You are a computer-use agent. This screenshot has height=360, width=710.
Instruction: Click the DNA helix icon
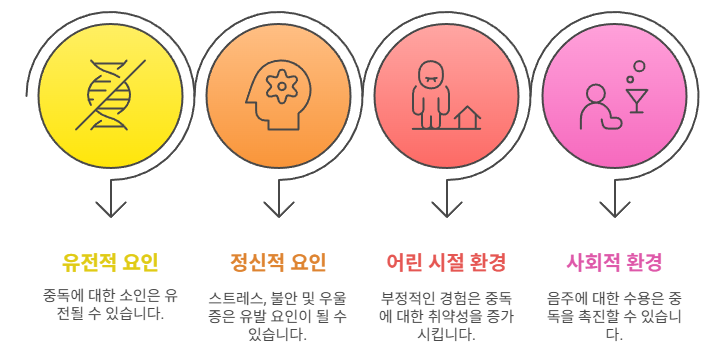tap(110, 95)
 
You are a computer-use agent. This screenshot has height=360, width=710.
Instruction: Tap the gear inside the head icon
tap(282, 86)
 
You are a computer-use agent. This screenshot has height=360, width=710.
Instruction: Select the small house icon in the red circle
tap(467, 118)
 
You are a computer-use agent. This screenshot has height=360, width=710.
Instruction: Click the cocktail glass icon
tap(637, 101)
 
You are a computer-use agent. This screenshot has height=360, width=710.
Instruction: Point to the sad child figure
tap(430, 95)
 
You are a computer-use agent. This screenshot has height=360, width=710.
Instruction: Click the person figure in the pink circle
tap(600, 107)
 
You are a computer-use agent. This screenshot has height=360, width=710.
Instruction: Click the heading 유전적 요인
tap(110, 262)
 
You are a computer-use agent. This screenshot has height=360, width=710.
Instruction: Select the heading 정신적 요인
tap(278, 262)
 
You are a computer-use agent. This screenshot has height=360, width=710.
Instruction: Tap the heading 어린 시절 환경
tap(446, 262)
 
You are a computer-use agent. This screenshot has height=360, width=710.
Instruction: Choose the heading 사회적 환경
tap(614, 262)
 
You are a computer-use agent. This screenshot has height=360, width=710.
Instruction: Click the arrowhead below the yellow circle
tap(111, 209)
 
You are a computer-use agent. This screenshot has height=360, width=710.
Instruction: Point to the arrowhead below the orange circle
tap(279, 209)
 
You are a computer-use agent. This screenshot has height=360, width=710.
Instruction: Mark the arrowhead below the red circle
tap(447, 209)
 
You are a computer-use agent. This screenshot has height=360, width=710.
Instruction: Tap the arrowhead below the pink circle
tap(615, 209)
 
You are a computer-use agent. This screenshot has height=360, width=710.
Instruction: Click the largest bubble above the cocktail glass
tap(639, 67)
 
